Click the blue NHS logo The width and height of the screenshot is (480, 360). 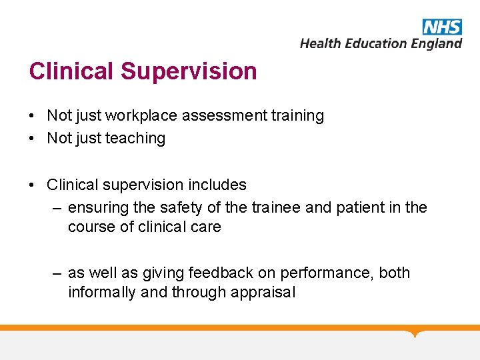click(441, 27)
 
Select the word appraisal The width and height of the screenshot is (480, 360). click(263, 292)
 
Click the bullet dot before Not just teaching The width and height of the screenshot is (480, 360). click(32, 139)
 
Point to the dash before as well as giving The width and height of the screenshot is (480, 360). click(58, 273)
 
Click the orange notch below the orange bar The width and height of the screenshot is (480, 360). click(415, 333)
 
